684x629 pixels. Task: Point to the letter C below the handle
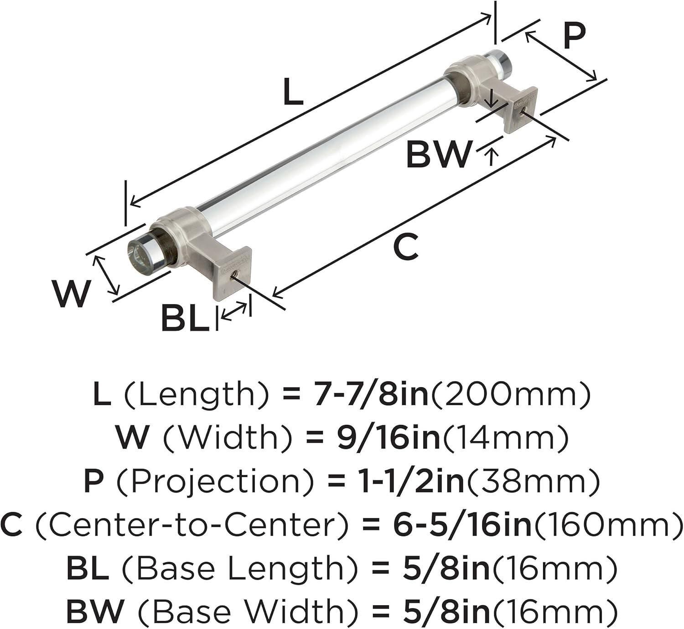406,246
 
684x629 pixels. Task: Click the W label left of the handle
72,294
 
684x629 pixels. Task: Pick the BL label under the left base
185,318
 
